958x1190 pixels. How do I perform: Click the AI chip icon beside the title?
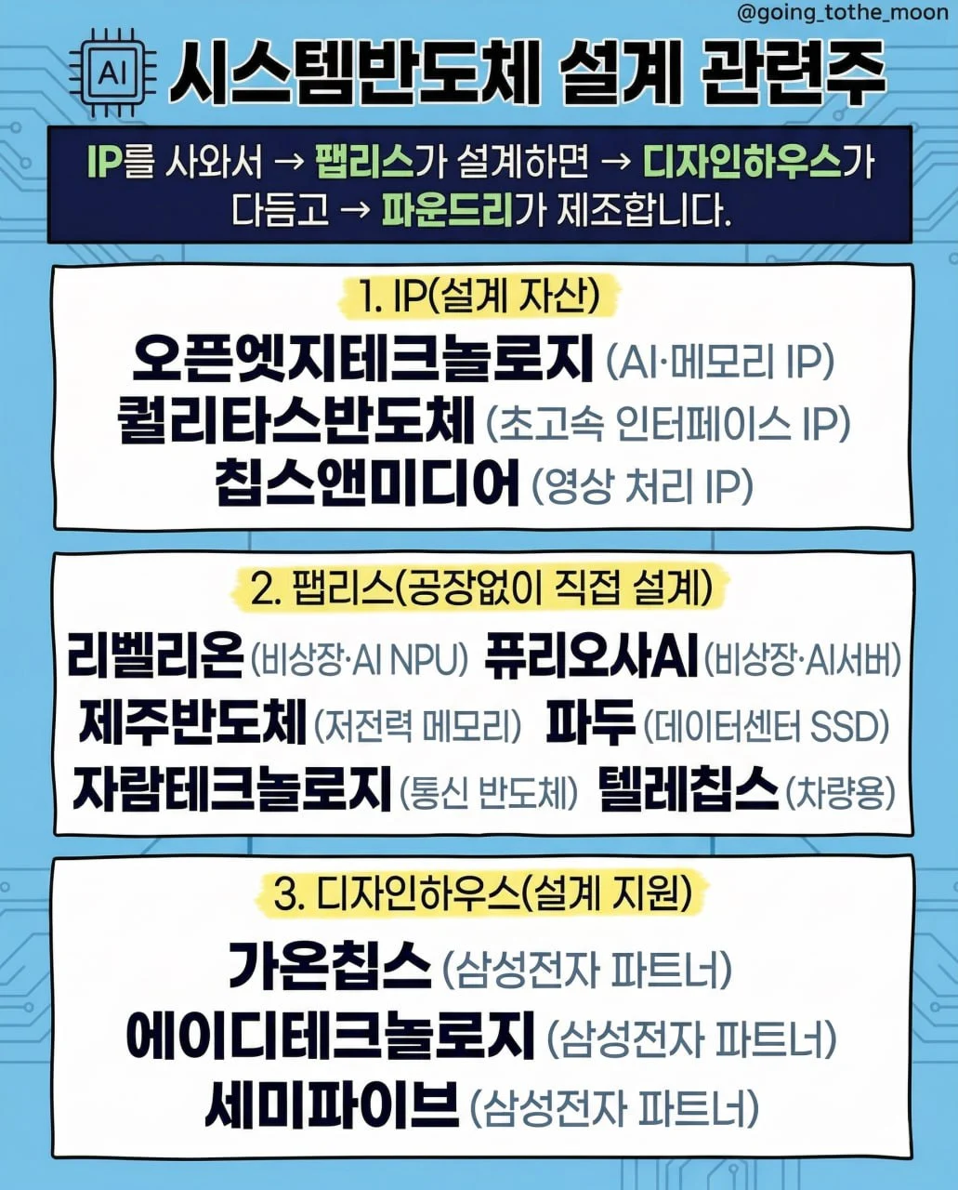(111, 73)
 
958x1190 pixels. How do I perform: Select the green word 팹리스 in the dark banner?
(364, 163)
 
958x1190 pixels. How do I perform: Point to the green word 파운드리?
(448, 211)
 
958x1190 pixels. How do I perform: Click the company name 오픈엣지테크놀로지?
(362, 358)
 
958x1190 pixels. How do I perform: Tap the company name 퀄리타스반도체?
(296, 422)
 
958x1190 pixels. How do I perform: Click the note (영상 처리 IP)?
(641, 486)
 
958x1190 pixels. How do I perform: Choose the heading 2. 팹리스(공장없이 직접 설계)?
(481, 588)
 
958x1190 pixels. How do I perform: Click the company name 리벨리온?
(155, 655)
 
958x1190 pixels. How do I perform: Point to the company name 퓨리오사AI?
(591, 656)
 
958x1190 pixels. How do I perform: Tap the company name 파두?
(591, 722)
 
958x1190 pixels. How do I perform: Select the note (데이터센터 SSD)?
(767, 725)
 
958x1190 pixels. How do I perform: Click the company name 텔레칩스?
(689, 789)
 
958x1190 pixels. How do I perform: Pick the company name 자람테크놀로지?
(231, 789)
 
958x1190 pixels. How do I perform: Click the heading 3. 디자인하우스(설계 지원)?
(482, 893)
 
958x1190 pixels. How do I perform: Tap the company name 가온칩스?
(330, 966)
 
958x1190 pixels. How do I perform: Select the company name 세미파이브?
(332, 1105)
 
